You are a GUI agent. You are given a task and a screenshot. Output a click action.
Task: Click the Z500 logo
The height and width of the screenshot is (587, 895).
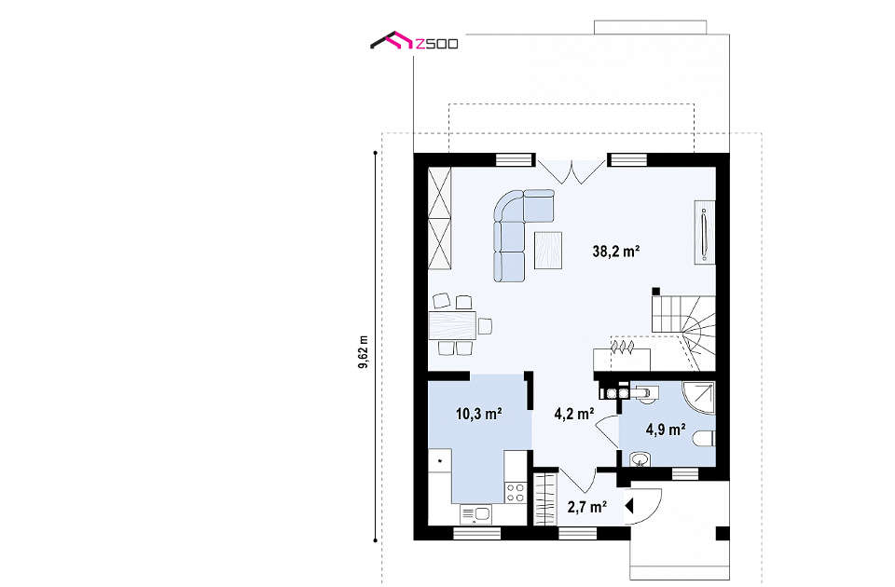coord(414,42)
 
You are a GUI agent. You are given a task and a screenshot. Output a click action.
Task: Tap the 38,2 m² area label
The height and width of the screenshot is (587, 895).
coord(616,251)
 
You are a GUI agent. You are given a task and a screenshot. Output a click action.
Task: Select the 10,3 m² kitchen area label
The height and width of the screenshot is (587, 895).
coord(478,414)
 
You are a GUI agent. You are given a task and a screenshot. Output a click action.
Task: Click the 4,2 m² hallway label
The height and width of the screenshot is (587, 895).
coord(574,414)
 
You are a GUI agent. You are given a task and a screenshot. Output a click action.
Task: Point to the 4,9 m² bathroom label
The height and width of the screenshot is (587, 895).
coord(666,430)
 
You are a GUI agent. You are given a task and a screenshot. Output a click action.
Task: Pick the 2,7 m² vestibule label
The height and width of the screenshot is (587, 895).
coord(586,507)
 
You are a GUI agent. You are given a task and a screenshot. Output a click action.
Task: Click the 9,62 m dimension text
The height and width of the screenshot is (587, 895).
coord(364,351)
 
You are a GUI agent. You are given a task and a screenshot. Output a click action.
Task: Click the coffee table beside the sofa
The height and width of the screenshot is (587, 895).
coord(548,250)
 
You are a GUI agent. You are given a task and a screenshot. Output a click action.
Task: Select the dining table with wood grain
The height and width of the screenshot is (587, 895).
coord(453,326)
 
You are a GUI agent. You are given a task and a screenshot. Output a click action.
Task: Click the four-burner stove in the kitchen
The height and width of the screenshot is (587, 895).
coord(516,492)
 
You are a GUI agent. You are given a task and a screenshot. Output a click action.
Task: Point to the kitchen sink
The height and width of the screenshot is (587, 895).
coord(475,514)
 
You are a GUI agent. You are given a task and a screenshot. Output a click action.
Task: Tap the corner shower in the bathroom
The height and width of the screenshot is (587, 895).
coord(699,397)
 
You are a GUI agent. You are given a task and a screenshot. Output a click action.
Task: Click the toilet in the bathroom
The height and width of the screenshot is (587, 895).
coord(704,439)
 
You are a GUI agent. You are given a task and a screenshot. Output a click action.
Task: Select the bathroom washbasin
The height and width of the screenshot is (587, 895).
coord(640,459)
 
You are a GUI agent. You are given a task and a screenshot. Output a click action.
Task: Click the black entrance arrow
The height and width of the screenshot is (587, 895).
coord(629,506)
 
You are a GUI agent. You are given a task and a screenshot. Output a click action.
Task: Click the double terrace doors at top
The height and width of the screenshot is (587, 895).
coord(571,171)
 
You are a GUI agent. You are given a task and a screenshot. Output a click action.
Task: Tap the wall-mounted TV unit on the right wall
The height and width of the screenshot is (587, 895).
coord(705,232)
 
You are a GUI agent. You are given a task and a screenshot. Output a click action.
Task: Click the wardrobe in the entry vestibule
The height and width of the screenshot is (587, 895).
coord(544,498)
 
